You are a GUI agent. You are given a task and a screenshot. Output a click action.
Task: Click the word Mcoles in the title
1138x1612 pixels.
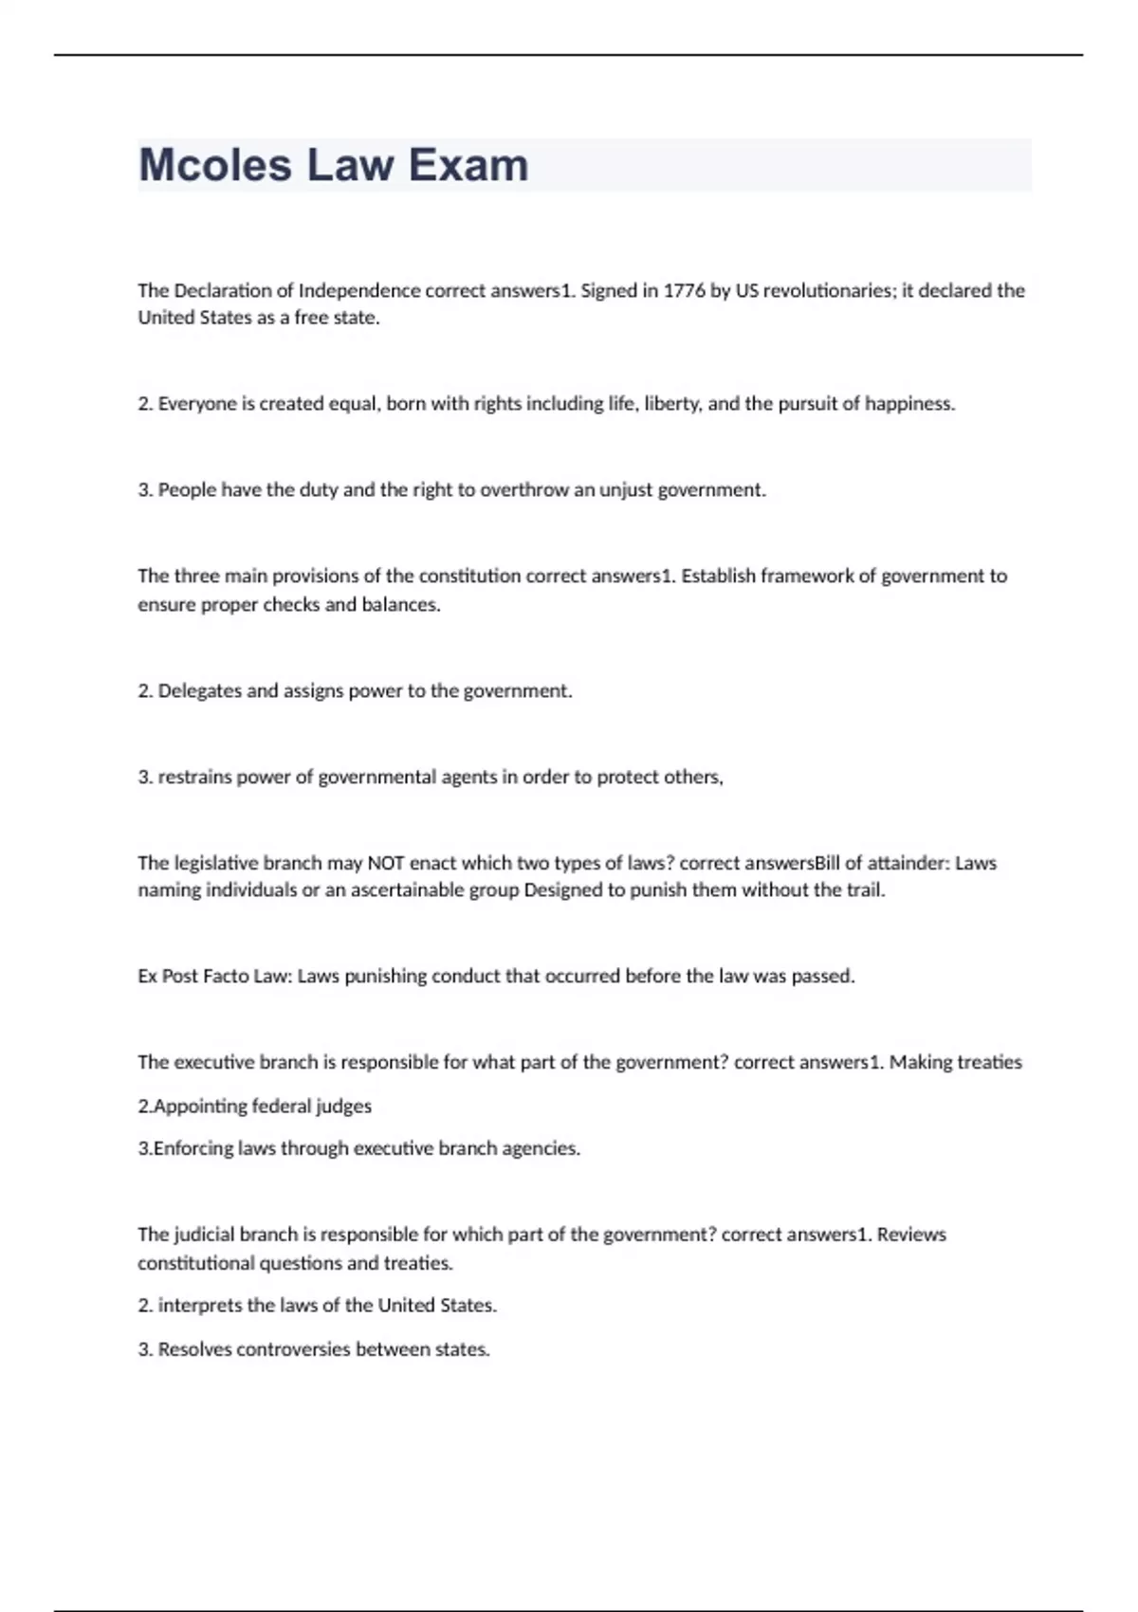215,165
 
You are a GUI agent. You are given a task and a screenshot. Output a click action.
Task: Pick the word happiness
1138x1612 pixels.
909,404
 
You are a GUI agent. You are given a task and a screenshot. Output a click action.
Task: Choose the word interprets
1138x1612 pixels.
200,1306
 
